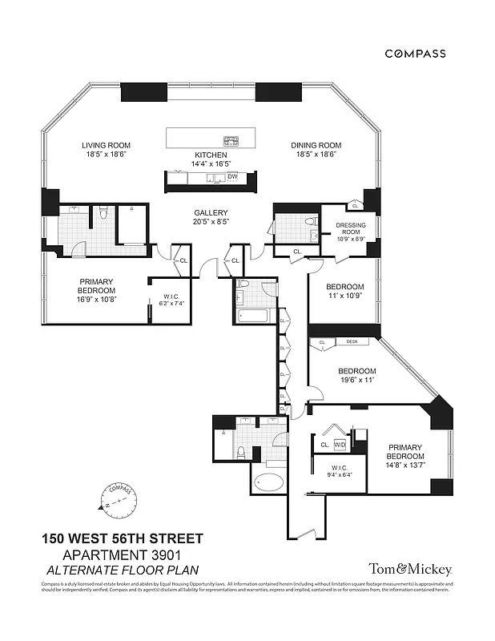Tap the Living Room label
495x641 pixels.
pyautogui.click(x=105, y=145)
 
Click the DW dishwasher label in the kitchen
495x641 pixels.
pyautogui.click(x=232, y=176)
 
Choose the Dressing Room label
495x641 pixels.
pyautogui.click(x=350, y=230)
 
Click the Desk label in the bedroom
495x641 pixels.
pyautogui.click(x=352, y=342)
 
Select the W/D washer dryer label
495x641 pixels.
pyautogui.click(x=339, y=444)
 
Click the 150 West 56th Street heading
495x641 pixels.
pyautogui.click(x=123, y=538)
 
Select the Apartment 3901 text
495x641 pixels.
pyautogui.click(x=123, y=554)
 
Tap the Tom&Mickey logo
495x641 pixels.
pyautogui.click(x=410, y=569)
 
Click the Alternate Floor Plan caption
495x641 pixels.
pyautogui.click(x=123, y=570)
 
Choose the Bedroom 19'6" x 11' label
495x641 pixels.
pyautogui.click(x=356, y=376)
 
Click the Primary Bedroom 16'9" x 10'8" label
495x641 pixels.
pyautogui.click(x=97, y=290)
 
